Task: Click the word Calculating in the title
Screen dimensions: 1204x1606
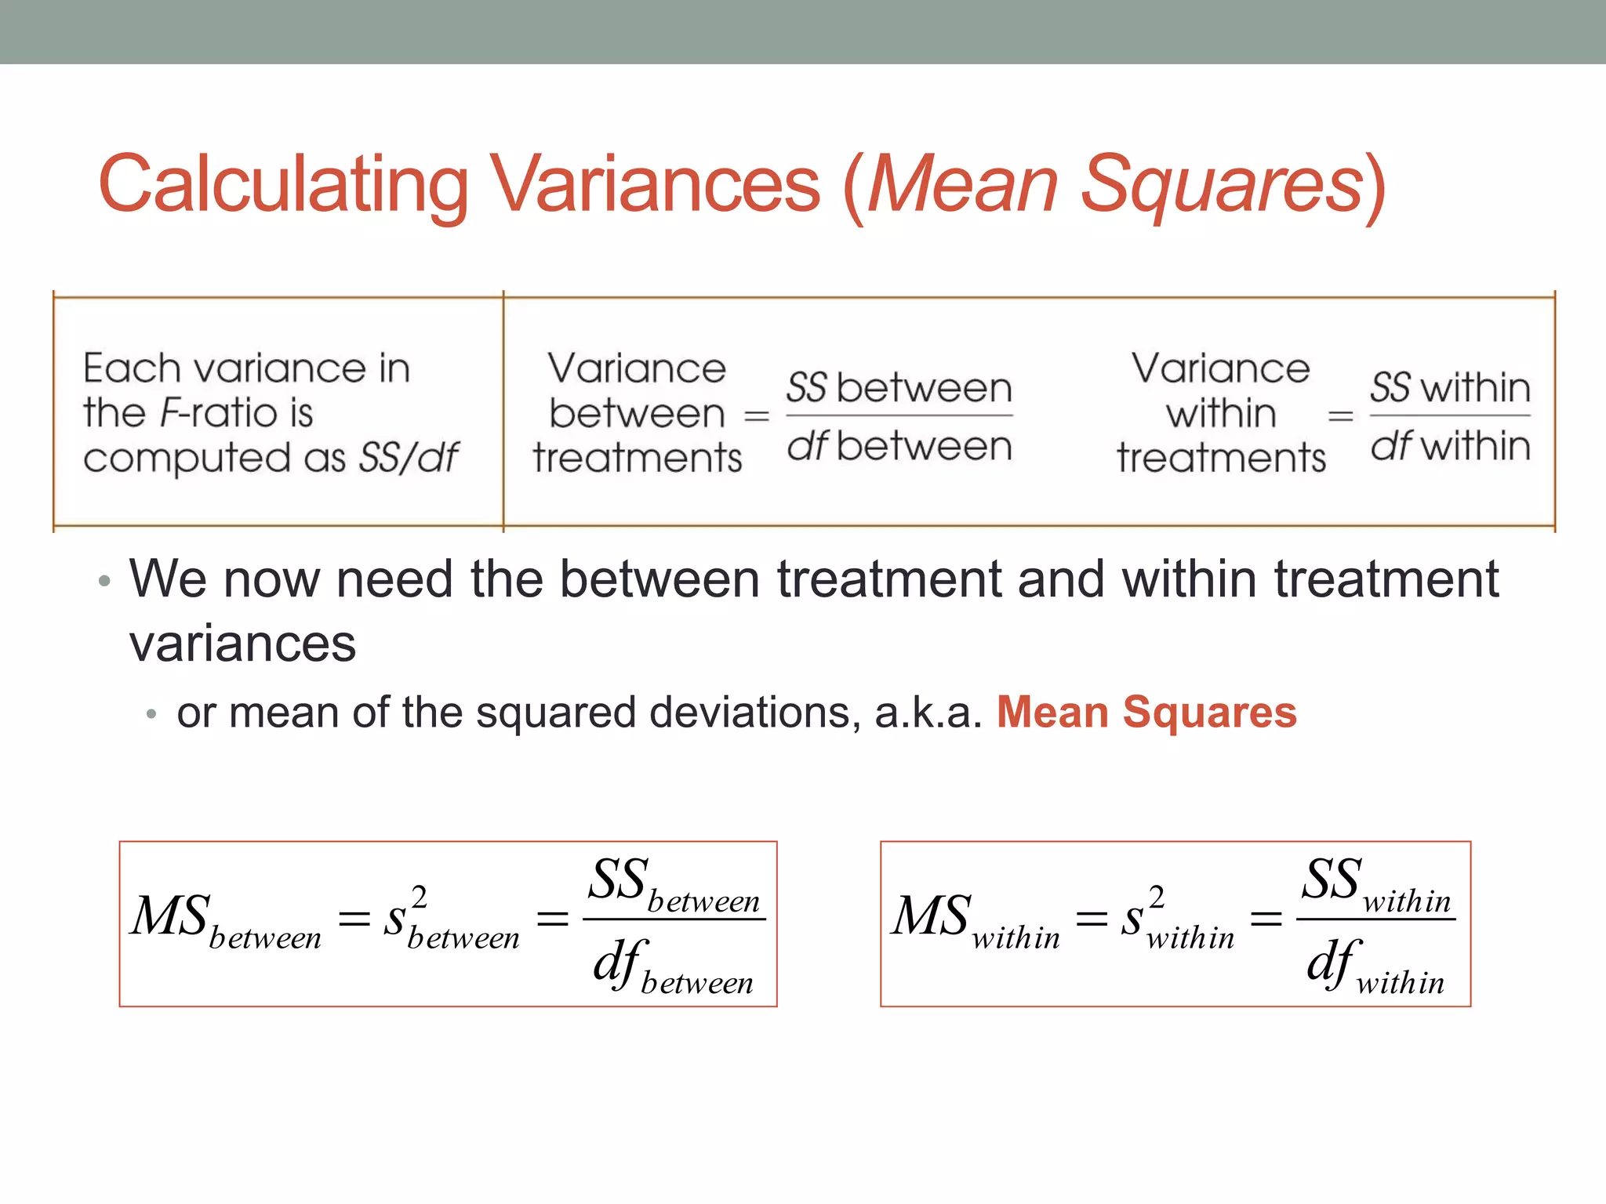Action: (x=283, y=185)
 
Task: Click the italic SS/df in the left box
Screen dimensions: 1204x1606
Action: (x=409, y=458)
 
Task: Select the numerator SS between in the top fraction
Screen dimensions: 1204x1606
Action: (x=899, y=388)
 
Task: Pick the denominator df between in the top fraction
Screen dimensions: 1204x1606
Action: (x=899, y=446)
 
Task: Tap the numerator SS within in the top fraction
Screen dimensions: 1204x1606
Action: (x=1450, y=388)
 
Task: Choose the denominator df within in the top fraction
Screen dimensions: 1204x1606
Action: (x=1450, y=446)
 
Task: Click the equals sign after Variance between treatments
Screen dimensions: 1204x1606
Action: (x=756, y=416)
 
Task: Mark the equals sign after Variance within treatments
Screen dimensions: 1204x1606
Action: (x=1340, y=416)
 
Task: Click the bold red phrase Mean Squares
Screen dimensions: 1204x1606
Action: (x=1146, y=713)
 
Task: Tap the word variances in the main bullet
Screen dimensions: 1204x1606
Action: (x=242, y=644)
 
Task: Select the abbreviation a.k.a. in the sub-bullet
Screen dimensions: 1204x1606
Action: (x=928, y=713)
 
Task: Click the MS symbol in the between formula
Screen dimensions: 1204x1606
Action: (x=170, y=916)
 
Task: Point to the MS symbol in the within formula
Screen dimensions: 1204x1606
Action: (x=932, y=916)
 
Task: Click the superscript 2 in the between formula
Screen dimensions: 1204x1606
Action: (x=420, y=897)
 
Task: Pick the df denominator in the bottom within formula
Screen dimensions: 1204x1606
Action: (x=1333, y=963)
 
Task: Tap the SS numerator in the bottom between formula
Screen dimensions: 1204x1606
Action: (x=618, y=879)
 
